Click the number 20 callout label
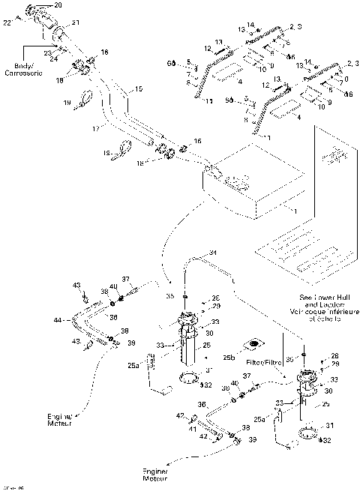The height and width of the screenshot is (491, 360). [x=59, y=5]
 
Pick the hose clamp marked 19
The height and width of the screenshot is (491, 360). [x=85, y=98]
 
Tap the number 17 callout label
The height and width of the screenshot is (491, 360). [x=96, y=129]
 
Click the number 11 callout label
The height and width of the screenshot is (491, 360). [x=209, y=100]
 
